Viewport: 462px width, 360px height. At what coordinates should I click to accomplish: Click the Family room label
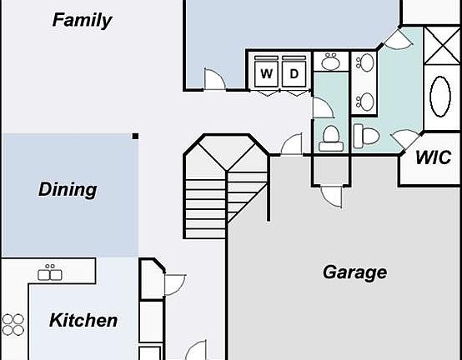coord(83,21)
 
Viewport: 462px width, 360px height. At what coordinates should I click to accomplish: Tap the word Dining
coord(68,189)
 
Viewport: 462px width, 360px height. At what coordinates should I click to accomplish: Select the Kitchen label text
coord(83,320)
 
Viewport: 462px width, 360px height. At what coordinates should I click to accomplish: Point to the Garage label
coord(354,272)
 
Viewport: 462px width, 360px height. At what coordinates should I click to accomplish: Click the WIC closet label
coord(433,157)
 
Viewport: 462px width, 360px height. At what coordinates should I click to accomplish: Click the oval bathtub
coord(440,97)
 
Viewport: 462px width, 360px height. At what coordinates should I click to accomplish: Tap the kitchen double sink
coord(50,272)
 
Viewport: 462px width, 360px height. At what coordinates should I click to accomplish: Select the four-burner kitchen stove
coord(13,324)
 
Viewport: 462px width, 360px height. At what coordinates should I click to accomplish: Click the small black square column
coord(135,136)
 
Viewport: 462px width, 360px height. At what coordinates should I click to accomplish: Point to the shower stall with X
coord(442,45)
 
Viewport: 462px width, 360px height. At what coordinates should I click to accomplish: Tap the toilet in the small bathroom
coord(331,138)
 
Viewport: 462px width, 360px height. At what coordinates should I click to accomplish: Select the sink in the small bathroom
coord(331,62)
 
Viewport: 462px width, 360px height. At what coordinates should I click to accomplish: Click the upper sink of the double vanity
coord(365,62)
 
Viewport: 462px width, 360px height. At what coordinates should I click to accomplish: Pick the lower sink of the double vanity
coord(365,102)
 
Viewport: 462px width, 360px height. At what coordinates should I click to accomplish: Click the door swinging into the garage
coord(332,197)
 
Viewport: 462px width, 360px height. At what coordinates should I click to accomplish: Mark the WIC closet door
coord(406,139)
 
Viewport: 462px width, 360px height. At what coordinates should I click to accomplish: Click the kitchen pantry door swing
coord(175,285)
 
